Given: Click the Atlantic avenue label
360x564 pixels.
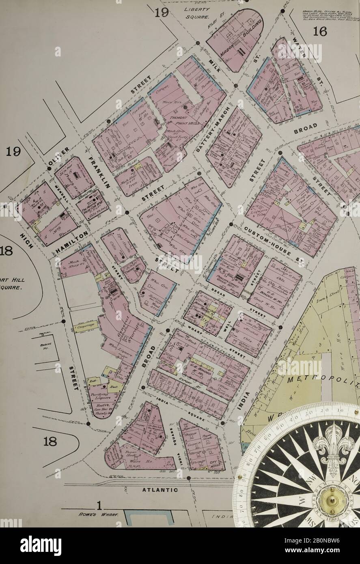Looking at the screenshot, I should (160, 490).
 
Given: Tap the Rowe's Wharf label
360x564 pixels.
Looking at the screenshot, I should (97, 514).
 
